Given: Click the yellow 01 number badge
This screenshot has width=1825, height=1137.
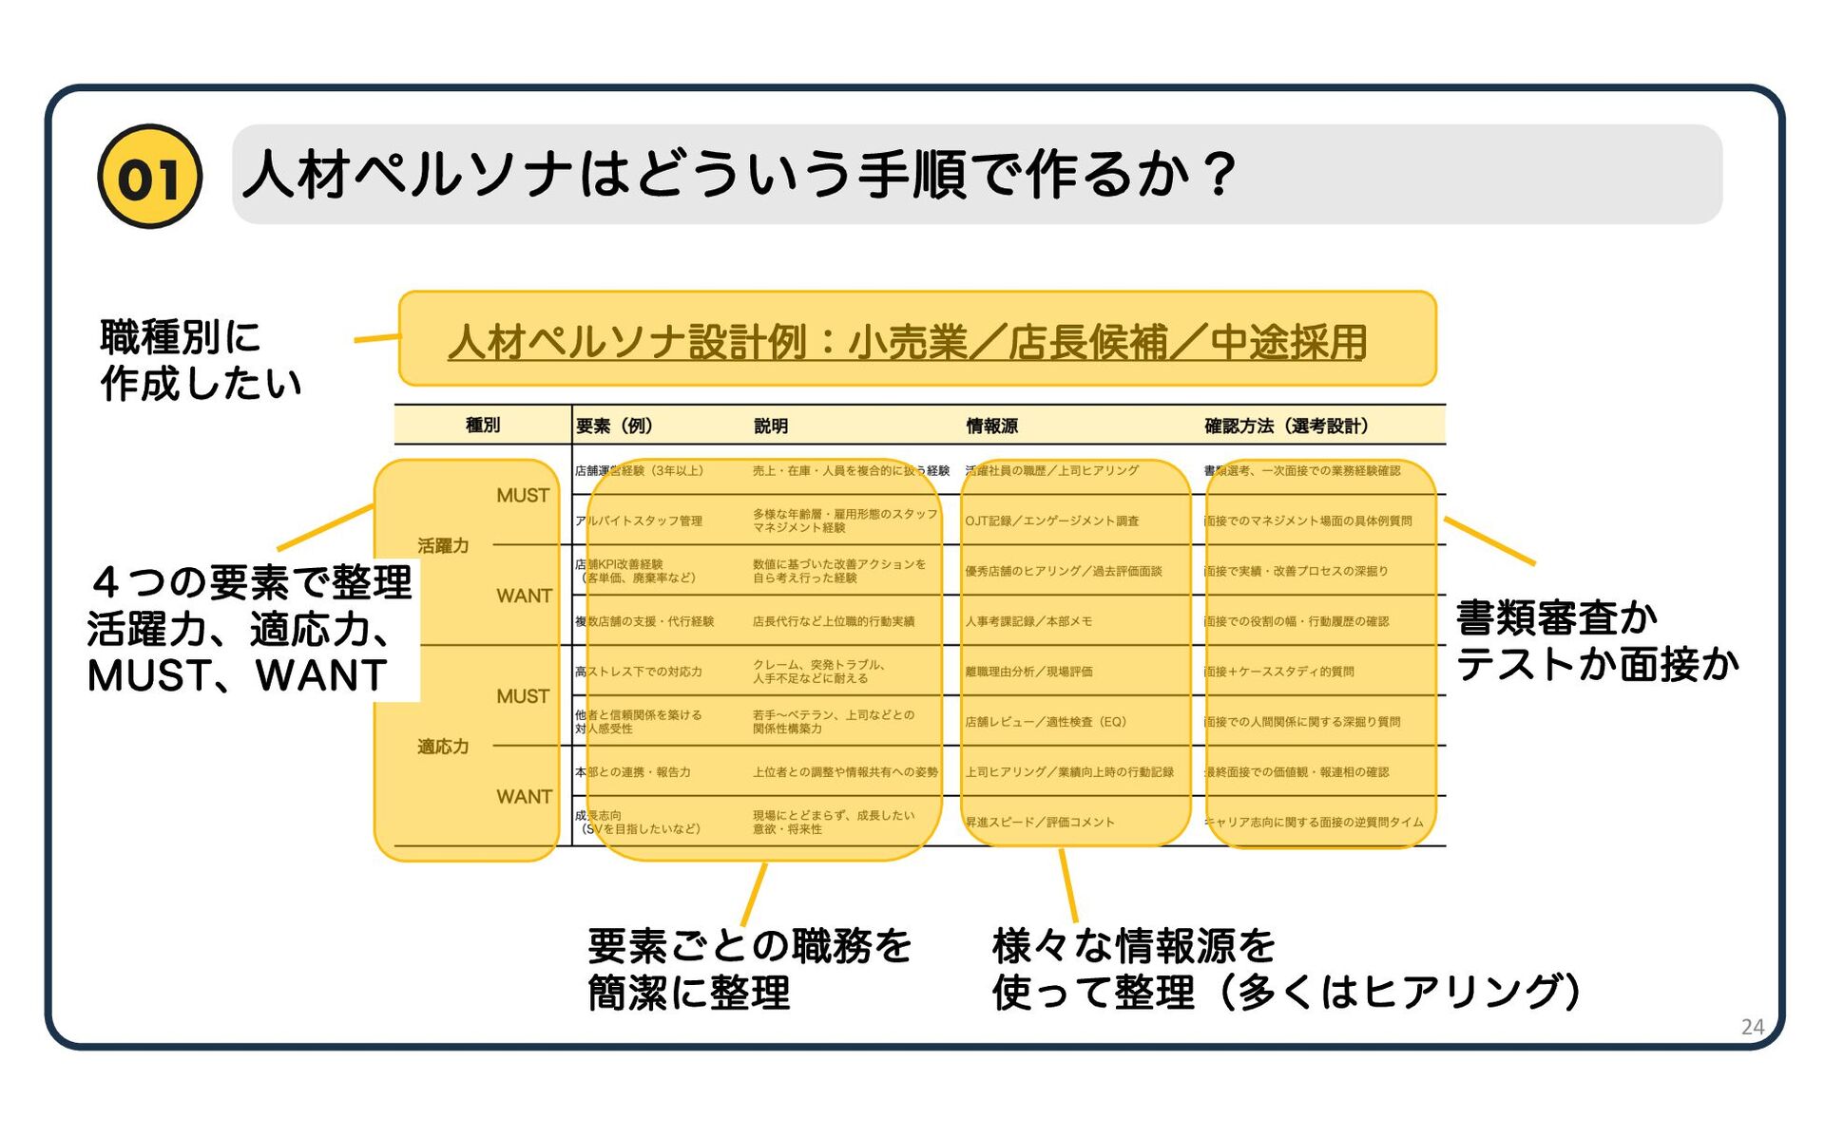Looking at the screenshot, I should (149, 177).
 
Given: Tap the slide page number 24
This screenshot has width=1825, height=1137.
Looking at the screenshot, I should (1752, 1027).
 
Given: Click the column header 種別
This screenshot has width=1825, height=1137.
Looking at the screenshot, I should (482, 426).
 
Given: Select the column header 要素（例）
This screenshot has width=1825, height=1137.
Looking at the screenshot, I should (614, 426).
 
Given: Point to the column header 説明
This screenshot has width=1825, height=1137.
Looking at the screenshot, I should (771, 426).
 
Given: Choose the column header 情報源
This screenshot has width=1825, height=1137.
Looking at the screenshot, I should (991, 426).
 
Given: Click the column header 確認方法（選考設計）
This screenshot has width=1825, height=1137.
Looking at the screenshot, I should (1286, 426).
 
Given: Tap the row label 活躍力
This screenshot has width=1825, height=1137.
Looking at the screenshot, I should (443, 546).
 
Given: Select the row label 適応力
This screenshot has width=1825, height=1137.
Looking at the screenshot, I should (443, 747).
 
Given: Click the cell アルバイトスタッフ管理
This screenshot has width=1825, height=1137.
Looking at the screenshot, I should (639, 521).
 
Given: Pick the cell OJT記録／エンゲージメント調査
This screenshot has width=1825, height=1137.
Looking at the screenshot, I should (1051, 521).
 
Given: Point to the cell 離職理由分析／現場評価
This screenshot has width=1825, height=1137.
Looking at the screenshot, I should (1028, 672).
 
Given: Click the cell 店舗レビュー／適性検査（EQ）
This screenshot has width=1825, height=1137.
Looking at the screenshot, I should (1046, 722).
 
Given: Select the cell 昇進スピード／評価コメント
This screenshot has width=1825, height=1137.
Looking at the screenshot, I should (1040, 823).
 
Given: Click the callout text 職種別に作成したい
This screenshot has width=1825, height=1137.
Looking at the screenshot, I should (200, 361).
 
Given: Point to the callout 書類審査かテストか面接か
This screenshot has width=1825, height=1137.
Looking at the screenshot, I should (1597, 641).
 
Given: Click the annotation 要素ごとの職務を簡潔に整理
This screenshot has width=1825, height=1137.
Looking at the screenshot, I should (749, 969).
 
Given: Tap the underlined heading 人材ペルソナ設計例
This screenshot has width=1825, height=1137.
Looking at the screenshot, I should (907, 342).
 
